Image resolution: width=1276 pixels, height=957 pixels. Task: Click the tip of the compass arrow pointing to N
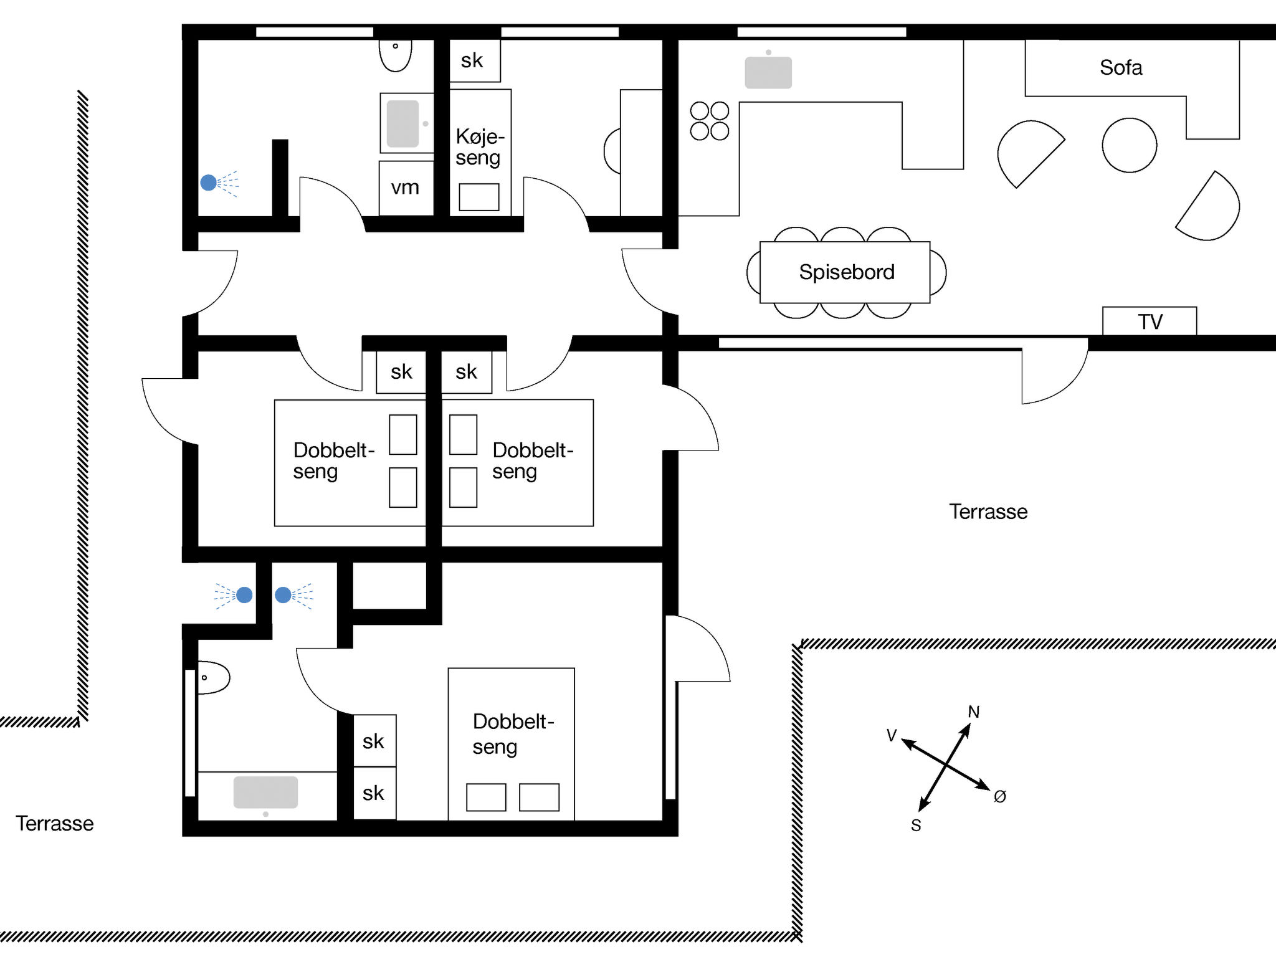tap(970, 723)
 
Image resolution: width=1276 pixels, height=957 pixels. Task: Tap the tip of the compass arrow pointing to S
tap(920, 811)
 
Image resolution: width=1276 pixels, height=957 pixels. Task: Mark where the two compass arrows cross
tap(946, 764)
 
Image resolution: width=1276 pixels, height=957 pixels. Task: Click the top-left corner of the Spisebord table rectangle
tap(761, 242)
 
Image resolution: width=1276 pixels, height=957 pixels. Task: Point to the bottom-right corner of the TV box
tap(1196, 335)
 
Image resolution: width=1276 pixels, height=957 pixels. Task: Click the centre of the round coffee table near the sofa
tap(1130, 145)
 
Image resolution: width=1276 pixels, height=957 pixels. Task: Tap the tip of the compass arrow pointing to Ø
tap(991, 789)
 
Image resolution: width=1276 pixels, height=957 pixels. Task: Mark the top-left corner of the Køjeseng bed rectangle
tap(450, 90)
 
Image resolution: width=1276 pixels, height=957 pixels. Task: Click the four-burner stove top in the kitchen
tap(710, 121)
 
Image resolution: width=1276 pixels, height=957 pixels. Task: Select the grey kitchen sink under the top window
tap(768, 72)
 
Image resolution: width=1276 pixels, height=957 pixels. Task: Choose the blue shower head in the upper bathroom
tap(209, 183)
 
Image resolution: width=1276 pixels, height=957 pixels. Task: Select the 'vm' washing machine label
tap(405, 188)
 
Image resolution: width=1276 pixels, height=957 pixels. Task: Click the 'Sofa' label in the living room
tap(1121, 67)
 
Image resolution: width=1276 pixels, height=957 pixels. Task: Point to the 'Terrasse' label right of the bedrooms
tap(988, 512)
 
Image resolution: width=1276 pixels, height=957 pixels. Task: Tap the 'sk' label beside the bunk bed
tap(472, 60)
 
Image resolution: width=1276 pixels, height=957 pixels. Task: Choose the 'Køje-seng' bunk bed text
tap(480, 147)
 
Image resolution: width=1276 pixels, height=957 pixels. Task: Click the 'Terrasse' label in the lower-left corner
tap(55, 824)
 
